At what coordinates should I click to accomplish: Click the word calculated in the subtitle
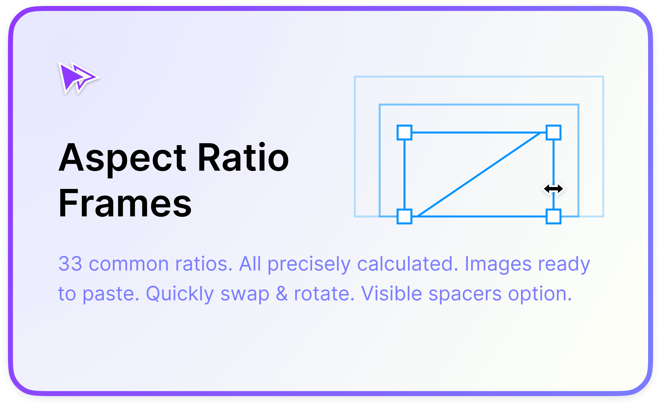click(x=407, y=264)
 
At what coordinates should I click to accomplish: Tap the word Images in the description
click(x=498, y=264)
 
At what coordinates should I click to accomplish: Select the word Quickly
click(x=180, y=293)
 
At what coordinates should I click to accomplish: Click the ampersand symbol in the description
click(x=281, y=293)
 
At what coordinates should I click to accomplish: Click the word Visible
click(x=391, y=293)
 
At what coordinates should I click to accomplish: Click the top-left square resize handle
click(x=404, y=132)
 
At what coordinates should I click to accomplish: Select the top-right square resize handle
click(x=553, y=132)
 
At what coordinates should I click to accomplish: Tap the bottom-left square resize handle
click(x=404, y=216)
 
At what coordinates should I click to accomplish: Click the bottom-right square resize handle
click(x=553, y=216)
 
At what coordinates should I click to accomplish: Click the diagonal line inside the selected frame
click(x=479, y=174)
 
